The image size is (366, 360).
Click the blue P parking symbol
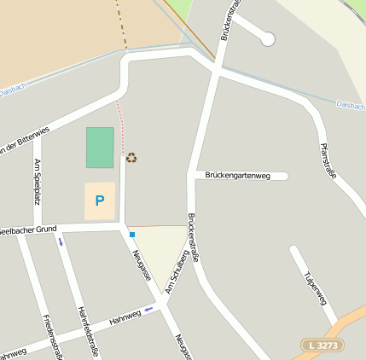tap(99, 201)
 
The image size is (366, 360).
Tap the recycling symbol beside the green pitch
tap(131, 157)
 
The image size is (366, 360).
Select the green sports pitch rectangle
tap(99, 148)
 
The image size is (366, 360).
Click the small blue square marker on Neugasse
tap(132, 234)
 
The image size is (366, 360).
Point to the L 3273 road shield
tap(323, 345)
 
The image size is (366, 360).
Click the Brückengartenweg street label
tap(238, 176)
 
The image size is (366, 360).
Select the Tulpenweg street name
tap(315, 287)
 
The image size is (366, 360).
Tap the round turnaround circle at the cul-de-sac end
tap(267, 38)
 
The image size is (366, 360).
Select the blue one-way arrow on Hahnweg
tap(148, 309)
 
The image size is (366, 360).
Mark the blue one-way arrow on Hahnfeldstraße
tap(60, 241)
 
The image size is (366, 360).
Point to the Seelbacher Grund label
tap(27, 229)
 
